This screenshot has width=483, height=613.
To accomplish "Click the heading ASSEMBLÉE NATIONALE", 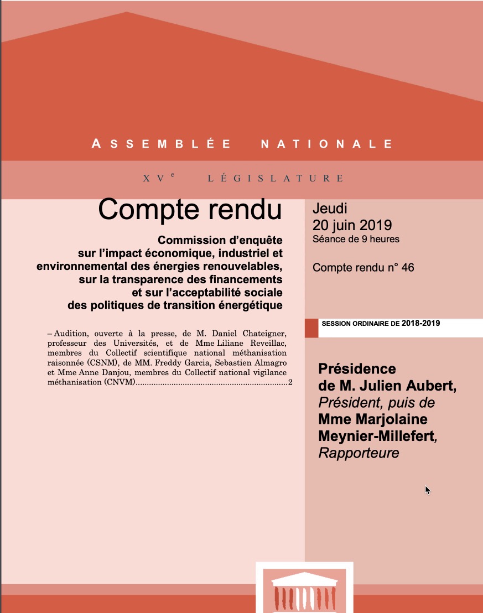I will tap(242, 144).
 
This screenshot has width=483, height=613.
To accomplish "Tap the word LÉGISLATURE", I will tap(276, 179).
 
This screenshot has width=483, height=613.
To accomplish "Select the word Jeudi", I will tap(330, 209).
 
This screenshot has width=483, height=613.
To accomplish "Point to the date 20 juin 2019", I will tap(352, 225).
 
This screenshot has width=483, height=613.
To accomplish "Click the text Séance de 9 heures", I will tap(356, 240).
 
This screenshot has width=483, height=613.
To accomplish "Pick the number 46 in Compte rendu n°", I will tap(407, 268).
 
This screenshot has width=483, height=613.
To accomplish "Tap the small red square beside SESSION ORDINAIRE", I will tap(311, 328).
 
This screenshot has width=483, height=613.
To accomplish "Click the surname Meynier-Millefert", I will tap(376, 436).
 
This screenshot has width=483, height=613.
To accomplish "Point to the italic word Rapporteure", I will tap(359, 453).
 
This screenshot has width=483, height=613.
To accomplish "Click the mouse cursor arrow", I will tap(427, 490).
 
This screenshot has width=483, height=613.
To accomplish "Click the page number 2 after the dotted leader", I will tap(290, 383).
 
